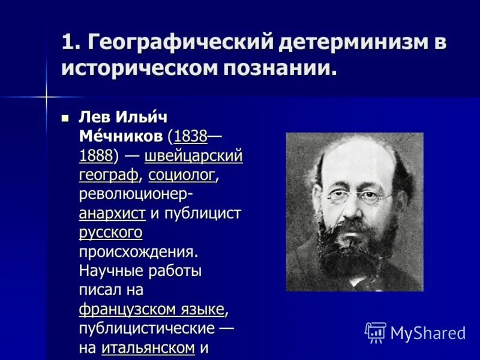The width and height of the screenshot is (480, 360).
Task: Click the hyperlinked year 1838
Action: pos(190,137)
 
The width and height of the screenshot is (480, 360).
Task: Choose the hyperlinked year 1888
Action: pos(96,156)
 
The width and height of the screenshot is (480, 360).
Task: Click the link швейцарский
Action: pos(193,156)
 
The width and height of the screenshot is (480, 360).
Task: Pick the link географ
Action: pos(108,175)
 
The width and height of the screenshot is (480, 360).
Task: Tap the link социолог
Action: pos(182,175)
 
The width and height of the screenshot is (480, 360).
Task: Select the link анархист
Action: pos(112,214)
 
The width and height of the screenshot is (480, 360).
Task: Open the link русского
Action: pos(110,232)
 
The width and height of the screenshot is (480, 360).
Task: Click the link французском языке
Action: pos(152,310)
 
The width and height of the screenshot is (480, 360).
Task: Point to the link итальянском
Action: pos(148,347)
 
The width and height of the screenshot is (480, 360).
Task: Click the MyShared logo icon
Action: pos(376,332)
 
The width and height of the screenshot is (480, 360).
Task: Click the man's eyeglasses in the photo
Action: pos(359,196)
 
